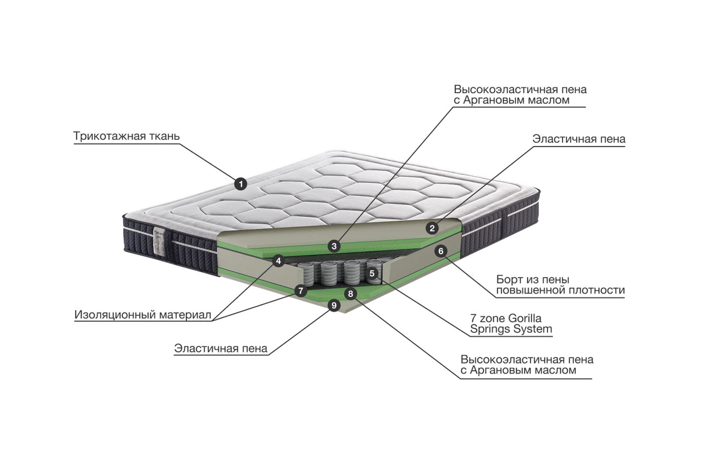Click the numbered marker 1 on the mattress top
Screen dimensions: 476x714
coord(241,183)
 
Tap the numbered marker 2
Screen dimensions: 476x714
coord(432,228)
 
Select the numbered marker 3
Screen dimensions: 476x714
coord(334,246)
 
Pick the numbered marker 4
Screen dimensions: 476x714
coord(278,261)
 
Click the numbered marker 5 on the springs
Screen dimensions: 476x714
coord(372,273)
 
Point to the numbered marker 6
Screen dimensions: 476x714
coord(440,251)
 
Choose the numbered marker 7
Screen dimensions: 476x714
coord(301,291)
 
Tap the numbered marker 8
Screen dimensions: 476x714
coord(350,294)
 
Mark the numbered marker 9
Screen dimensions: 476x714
coord(333,306)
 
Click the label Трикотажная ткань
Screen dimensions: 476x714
coord(126,136)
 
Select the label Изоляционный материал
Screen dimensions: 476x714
coord(142,315)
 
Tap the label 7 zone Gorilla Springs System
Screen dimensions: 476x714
coord(511,324)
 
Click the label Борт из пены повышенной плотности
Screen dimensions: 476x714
coord(560,285)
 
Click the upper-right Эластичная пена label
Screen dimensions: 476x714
coord(578,139)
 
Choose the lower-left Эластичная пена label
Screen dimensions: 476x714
coord(220,348)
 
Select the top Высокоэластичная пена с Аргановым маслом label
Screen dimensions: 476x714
coord(520,95)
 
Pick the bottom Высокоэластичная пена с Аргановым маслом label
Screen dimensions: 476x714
coord(527,365)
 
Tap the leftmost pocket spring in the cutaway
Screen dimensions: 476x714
coord(306,273)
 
